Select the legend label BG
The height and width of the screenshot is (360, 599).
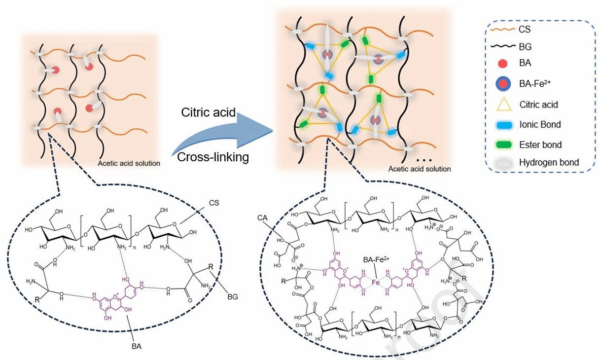pos(526,47)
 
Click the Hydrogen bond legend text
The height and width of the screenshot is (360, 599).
pos(549,162)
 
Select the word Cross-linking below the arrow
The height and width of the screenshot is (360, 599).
pos(213,157)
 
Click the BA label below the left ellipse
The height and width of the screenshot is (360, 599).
pos(137,347)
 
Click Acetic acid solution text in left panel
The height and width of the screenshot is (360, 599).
pos(129,164)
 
